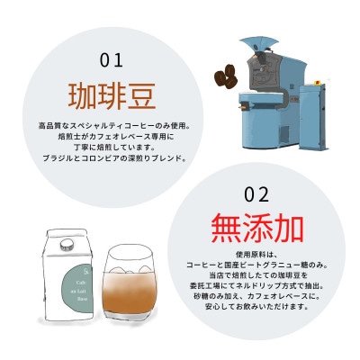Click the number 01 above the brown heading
point(111,61)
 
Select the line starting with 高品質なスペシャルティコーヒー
point(111,124)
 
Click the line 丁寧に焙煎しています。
point(111,147)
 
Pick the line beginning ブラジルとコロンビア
point(111,158)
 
